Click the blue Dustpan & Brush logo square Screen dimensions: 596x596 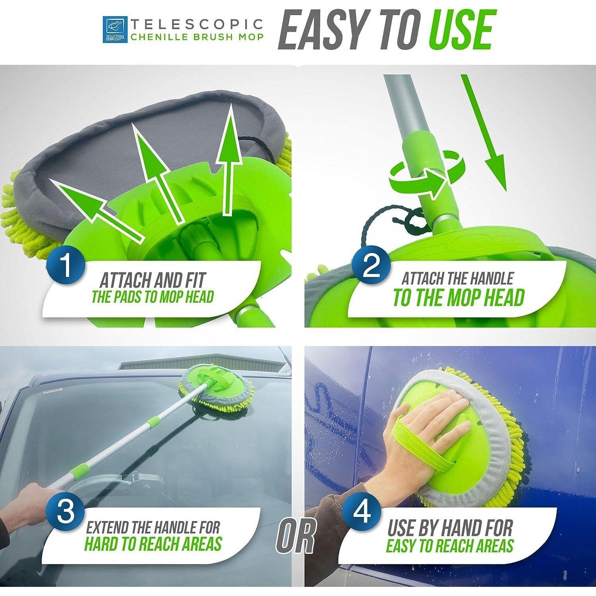[115, 29]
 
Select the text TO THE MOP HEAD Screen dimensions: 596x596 [459, 298]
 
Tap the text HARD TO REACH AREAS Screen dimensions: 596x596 [153, 544]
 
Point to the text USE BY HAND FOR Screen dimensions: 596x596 [450, 528]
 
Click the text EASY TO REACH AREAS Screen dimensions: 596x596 [450, 546]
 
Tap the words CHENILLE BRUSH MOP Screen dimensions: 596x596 [197, 37]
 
